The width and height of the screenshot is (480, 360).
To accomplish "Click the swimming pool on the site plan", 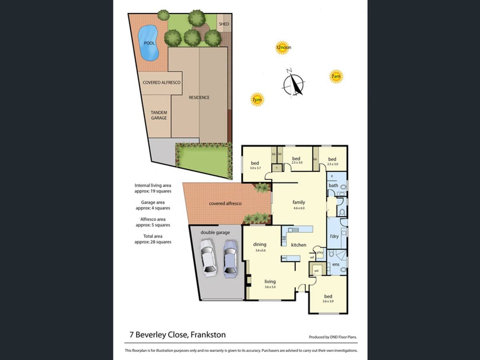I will tap(149, 42).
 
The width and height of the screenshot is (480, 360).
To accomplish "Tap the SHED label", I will tap(224, 24).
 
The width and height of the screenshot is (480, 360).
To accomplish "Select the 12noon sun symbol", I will tap(283, 48).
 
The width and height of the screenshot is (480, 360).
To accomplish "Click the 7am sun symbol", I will tap(336, 76).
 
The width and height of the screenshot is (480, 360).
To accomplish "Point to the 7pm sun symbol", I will tap(257, 99).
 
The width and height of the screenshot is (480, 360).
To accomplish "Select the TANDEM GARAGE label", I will tap(159, 115).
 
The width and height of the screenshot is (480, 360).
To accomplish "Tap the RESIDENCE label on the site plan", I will tap(199, 97).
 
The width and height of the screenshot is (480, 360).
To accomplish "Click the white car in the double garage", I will tap(208, 258).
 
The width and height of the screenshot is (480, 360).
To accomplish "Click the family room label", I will tap(298, 202).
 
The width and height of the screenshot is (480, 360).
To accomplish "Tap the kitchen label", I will tap(298, 245).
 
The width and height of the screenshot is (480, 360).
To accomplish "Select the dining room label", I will tap(260, 244).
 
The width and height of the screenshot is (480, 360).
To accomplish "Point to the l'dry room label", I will tap(334, 236).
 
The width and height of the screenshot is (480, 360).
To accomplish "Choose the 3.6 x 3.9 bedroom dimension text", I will tap(328, 301).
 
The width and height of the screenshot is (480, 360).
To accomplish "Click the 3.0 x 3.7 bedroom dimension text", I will tap(255, 168).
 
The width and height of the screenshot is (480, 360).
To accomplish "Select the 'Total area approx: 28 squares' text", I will tap(153, 239).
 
